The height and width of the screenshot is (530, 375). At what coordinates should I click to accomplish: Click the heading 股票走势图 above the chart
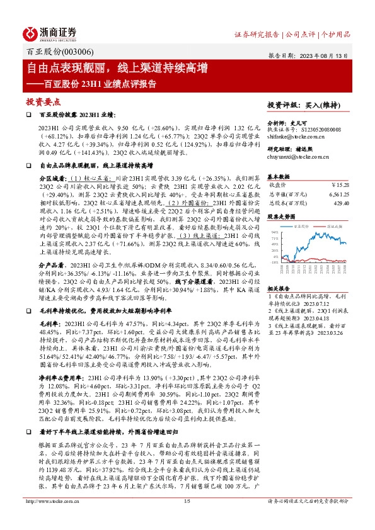pos(281,216)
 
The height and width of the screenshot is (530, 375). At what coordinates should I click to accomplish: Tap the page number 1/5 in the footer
pos(187,518)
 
